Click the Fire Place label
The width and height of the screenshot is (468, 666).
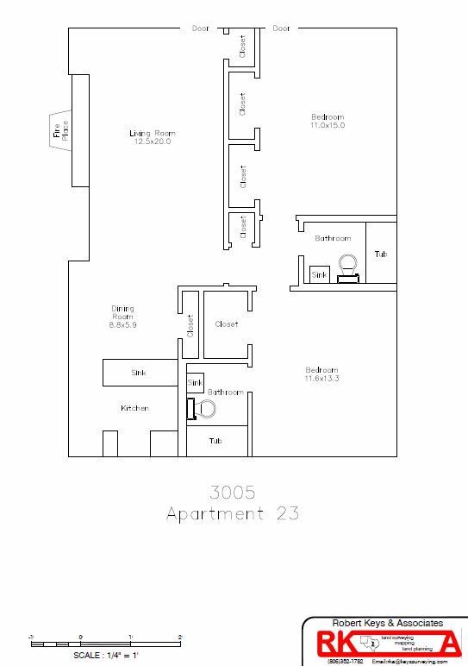click(59, 130)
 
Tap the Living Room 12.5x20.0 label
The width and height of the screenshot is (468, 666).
click(153, 137)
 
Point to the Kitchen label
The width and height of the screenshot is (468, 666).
click(135, 408)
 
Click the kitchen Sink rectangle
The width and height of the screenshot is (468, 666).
click(139, 373)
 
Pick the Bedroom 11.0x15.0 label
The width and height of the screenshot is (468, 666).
click(328, 121)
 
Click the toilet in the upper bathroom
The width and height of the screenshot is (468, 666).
click(348, 267)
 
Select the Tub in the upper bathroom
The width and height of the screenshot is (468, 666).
click(380, 254)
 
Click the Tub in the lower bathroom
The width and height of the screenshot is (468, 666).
click(215, 440)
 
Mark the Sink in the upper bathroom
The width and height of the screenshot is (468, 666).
click(318, 274)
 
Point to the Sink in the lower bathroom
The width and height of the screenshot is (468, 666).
click(195, 381)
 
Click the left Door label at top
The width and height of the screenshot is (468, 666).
click(200, 28)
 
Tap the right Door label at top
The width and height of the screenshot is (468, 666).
click(281, 28)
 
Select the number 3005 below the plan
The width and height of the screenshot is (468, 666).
click(234, 493)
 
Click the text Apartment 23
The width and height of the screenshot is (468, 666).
click(234, 514)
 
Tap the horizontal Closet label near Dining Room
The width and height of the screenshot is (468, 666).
click(226, 324)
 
